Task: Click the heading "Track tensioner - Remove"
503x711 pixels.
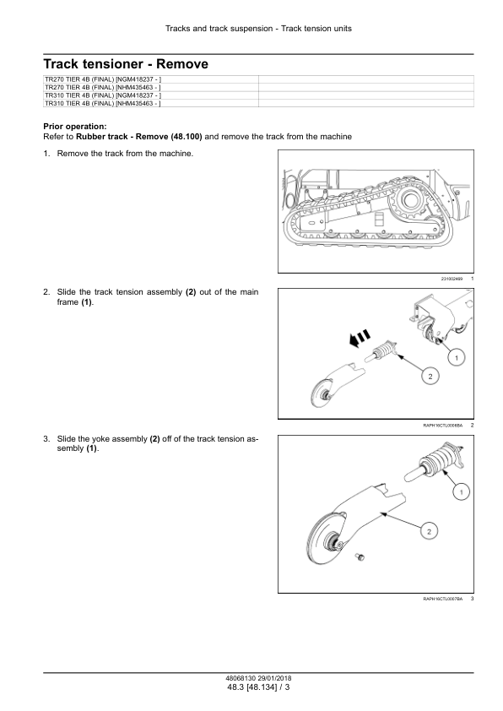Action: [126, 64]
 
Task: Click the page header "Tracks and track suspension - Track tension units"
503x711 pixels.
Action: [258, 29]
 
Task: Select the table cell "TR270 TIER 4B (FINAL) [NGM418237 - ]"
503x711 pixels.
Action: [103, 79]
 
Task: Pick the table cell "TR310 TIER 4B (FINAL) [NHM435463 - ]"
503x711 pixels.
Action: [103, 103]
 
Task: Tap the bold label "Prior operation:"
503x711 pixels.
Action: [75, 127]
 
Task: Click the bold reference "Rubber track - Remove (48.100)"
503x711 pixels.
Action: [139, 137]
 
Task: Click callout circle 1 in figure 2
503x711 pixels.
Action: [457, 358]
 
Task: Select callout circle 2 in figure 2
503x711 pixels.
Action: [430, 377]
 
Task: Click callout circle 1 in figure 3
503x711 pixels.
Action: [462, 492]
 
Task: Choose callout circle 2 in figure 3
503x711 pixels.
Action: [429, 531]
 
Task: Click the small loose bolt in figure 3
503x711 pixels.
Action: [360, 556]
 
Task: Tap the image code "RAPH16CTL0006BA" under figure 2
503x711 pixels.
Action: [443, 426]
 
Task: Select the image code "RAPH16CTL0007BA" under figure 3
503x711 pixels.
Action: [443, 599]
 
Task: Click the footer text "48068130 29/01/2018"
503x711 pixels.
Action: [258, 678]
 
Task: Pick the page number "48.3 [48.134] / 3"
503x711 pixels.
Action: [258, 687]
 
